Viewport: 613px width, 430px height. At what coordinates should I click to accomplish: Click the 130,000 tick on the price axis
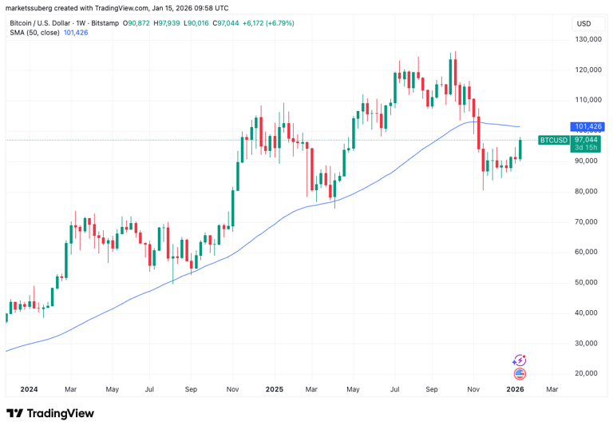(588, 39)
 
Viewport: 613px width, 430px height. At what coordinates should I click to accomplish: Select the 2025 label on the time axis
(274, 389)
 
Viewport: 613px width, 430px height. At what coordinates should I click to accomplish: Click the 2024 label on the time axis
(29, 389)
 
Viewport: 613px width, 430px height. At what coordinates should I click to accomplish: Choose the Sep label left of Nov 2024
(191, 389)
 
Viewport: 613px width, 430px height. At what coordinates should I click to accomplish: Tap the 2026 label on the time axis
(516, 389)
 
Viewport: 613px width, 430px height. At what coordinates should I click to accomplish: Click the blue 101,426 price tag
(587, 126)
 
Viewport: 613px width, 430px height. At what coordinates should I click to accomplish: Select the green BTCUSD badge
(553, 140)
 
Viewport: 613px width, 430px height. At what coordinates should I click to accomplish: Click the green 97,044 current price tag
(587, 140)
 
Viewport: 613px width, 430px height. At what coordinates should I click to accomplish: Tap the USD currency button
(583, 24)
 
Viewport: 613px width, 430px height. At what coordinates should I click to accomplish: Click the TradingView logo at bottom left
(50, 413)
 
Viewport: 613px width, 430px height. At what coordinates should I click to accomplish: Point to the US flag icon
(520, 373)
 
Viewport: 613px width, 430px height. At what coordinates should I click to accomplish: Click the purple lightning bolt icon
(520, 360)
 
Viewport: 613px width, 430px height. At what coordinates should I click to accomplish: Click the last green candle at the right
(520, 149)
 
